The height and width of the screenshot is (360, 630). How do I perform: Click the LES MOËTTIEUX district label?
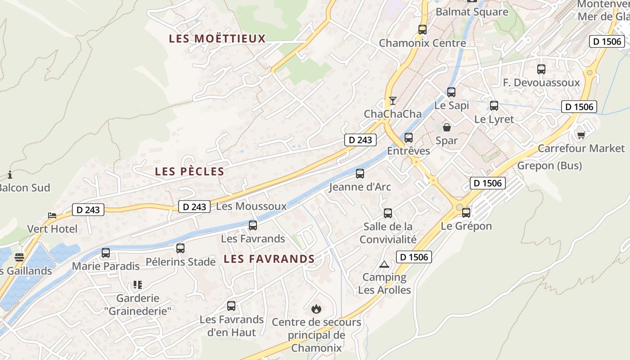click(217, 39)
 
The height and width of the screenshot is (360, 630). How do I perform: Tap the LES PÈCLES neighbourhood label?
click(189, 171)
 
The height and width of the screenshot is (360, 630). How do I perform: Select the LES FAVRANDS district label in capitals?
click(269, 259)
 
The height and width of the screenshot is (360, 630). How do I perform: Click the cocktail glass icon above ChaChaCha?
click(393, 100)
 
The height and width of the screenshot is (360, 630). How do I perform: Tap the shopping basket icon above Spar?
click(447, 127)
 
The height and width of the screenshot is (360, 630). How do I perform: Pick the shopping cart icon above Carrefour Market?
click(581, 135)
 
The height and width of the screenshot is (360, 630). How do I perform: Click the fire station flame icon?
click(316, 309)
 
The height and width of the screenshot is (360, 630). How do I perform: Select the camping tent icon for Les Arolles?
click(384, 264)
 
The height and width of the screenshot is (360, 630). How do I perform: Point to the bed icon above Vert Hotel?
click(52, 216)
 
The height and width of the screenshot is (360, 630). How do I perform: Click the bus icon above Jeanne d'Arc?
click(360, 173)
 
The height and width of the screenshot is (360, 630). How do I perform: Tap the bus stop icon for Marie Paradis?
click(106, 253)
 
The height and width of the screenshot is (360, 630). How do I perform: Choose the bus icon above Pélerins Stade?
click(180, 248)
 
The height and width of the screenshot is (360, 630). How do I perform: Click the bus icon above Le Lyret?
click(494, 106)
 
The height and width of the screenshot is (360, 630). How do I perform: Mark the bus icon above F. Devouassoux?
click(541, 69)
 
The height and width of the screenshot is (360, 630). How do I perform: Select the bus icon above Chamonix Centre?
click(423, 30)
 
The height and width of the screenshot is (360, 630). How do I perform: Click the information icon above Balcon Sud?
click(10, 175)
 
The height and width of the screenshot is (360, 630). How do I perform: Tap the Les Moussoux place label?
click(251, 207)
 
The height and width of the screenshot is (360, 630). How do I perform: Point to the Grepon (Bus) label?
click(549, 166)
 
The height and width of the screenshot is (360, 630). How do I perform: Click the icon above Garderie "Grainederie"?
click(138, 285)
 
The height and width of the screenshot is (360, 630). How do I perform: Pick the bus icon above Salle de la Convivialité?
click(388, 213)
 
